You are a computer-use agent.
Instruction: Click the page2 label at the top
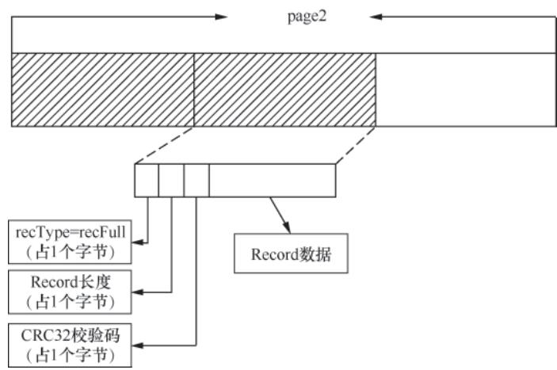(x=303, y=17)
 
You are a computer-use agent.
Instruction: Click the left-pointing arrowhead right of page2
(x=376, y=17)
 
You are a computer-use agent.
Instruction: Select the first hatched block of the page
(x=102, y=90)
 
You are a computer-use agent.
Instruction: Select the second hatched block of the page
(x=284, y=90)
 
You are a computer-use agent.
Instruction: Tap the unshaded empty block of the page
(x=465, y=90)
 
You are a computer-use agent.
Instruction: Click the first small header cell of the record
(x=147, y=180)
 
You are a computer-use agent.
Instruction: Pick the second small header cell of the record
(x=171, y=180)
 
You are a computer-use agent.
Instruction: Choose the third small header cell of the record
(x=196, y=180)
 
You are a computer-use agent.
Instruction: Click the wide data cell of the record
(x=272, y=180)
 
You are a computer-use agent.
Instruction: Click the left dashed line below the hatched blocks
(x=164, y=144)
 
